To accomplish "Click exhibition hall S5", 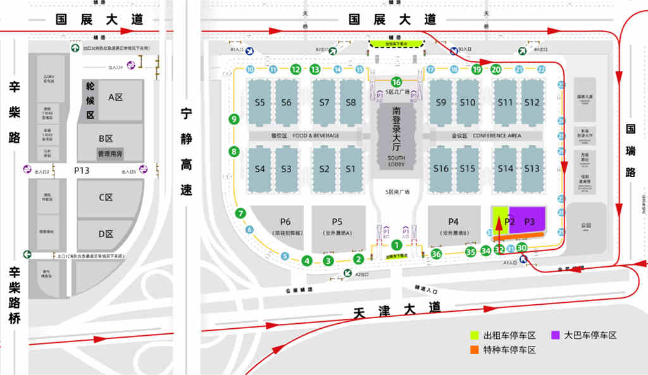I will point(259,102).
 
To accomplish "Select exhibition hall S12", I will point(532,102).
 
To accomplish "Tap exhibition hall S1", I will point(351,169).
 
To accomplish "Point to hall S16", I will point(441,169).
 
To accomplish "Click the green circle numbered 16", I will point(396,82).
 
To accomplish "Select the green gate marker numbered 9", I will point(234,118).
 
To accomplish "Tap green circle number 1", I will point(396,245).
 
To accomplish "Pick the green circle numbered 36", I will point(436,254).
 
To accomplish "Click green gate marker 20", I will point(496,70).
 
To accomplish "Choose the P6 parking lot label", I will point(285,221).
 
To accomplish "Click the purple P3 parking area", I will point(529,221).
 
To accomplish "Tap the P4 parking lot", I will point(453,221).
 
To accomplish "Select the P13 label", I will point(82,170).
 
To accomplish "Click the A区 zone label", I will point(115,97).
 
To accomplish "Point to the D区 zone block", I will point(106,234).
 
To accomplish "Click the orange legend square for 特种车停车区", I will point(474,350).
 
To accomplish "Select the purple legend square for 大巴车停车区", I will point(555,335).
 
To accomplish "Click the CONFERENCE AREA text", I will point(497,135).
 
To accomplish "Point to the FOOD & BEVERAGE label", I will point(315,135).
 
